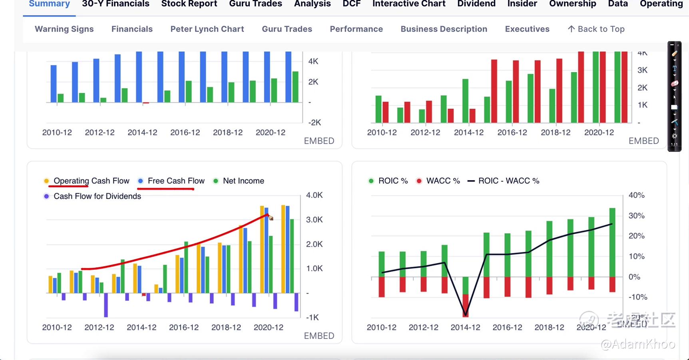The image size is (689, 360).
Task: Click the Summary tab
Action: point(49,4)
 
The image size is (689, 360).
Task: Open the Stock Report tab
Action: point(189,4)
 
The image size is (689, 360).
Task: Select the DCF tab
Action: point(351,4)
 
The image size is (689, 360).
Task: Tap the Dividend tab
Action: point(476,4)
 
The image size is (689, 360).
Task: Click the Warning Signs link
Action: point(64,29)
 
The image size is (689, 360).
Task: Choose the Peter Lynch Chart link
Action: point(207,29)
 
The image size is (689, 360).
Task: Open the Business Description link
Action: point(444,29)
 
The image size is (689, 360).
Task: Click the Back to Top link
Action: point(596,29)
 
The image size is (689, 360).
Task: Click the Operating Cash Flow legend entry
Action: point(91,181)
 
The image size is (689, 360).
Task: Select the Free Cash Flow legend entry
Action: point(176,181)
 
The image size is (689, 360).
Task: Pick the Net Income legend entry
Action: point(243,181)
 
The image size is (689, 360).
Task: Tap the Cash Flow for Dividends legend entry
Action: point(97,196)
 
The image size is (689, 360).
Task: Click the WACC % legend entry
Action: point(443,181)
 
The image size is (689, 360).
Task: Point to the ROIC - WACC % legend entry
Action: point(508,181)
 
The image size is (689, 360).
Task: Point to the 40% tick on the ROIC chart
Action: point(636,195)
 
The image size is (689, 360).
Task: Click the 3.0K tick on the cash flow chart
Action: point(314,220)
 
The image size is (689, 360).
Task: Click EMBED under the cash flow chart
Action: point(319,336)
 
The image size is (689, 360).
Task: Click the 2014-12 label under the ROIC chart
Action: point(465,327)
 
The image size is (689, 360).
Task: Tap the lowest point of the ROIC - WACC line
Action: point(465,314)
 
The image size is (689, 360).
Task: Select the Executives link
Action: point(527,29)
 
